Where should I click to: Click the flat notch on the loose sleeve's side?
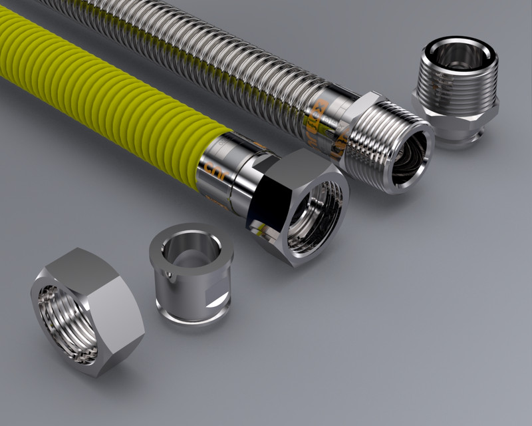(x=217, y=293)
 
